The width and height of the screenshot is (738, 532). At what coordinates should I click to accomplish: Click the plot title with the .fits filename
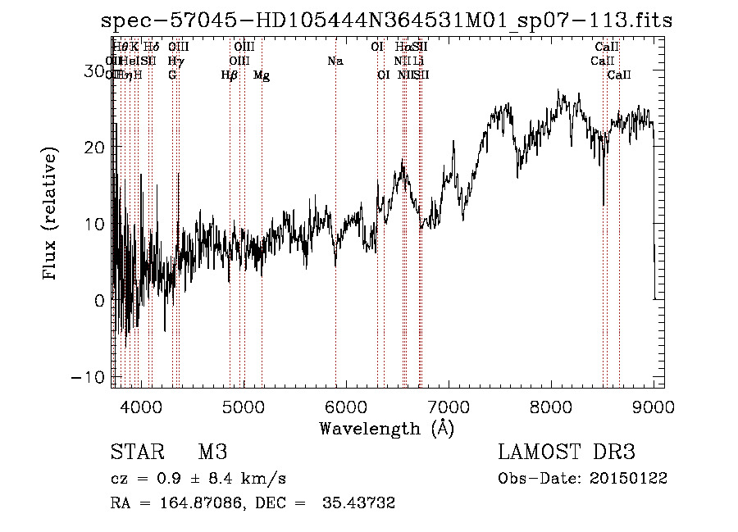pyautogui.click(x=386, y=20)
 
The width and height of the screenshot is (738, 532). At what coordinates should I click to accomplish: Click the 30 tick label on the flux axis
pyautogui.click(x=97, y=72)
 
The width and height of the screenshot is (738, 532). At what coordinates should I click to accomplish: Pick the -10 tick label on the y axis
pyautogui.click(x=91, y=376)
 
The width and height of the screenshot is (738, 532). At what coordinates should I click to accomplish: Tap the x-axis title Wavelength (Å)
pyautogui.click(x=386, y=428)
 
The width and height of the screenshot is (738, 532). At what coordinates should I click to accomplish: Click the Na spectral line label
pyautogui.click(x=335, y=61)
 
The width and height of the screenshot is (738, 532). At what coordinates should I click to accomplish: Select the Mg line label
pyautogui.click(x=262, y=75)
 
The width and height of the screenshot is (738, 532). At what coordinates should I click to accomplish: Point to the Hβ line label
pyautogui.click(x=230, y=75)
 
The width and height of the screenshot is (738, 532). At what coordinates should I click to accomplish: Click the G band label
pyautogui.click(x=172, y=75)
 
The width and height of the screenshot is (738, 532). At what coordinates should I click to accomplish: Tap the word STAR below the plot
pyautogui.click(x=134, y=452)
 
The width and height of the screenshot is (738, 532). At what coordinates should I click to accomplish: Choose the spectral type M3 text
pyautogui.click(x=212, y=452)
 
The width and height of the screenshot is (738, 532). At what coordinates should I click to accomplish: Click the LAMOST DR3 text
pyautogui.click(x=567, y=452)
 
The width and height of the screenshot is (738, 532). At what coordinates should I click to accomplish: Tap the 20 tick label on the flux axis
pyautogui.click(x=97, y=148)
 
